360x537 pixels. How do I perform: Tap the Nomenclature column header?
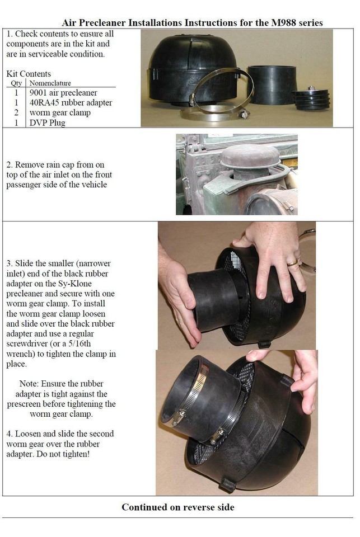point(50,83)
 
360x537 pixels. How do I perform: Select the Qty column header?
point(16,83)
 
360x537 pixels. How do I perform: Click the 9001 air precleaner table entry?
point(63,93)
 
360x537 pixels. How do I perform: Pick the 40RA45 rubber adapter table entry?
point(71,103)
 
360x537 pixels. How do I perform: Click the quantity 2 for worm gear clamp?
point(16,112)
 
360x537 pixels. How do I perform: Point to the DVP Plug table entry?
point(48,123)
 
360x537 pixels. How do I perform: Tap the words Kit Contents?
point(29,74)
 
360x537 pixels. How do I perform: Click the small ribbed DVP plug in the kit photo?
point(311,100)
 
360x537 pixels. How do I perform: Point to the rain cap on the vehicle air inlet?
point(250,156)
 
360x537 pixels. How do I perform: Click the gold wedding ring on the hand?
point(292,263)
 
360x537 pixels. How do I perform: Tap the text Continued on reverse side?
point(178,507)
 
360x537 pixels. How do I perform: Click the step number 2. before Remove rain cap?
point(10,164)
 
